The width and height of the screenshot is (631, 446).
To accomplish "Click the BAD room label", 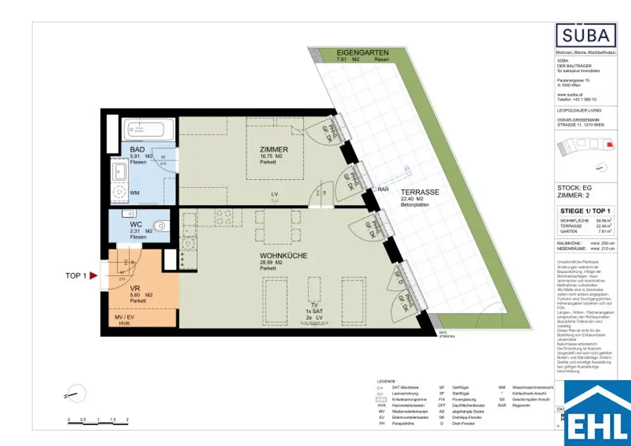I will (137, 150).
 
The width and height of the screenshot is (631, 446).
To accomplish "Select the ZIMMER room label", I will (274, 150).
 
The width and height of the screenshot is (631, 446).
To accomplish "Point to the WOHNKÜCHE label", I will (283, 256).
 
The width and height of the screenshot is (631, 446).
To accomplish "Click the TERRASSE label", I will (419, 192).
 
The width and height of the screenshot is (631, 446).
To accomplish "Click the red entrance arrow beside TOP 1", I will (94, 276).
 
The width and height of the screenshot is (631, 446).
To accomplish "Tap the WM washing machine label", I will (134, 192).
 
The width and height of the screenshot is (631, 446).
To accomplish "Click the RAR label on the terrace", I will (383, 190).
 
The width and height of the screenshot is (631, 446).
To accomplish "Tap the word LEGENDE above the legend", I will (386, 381).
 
